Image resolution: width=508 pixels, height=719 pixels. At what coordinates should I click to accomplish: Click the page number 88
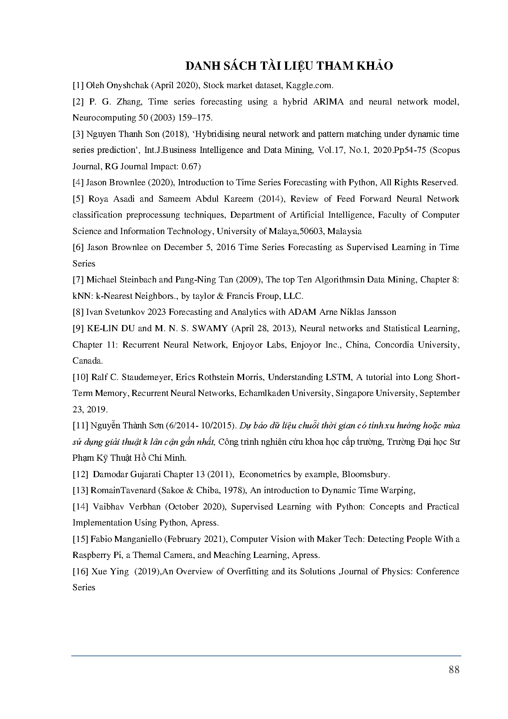(x=454, y=669)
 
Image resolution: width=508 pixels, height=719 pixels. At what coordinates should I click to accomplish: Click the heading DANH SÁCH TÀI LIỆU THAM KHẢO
(x=289, y=66)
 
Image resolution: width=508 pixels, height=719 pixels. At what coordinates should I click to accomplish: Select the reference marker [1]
(x=78, y=86)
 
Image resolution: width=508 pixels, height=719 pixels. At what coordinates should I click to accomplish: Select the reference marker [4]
(x=78, y=182)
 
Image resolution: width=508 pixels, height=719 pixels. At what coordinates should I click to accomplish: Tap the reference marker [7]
(x=78, y=280)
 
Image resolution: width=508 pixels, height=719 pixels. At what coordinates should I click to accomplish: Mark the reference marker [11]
(x=80, y=425)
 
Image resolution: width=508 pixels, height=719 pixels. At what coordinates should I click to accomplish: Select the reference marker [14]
(x=80, y=507)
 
